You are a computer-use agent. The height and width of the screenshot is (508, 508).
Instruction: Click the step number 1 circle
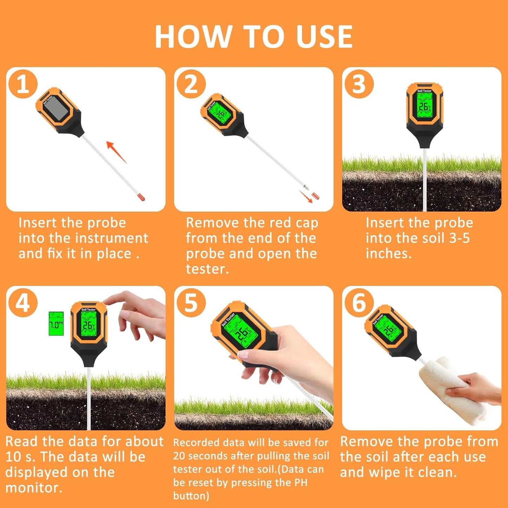point(23,84)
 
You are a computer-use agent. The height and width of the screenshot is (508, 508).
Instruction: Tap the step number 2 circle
point(191,84)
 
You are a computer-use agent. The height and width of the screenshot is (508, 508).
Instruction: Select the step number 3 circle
point(359,84)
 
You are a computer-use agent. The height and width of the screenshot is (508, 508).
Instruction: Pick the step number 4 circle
point(23,303)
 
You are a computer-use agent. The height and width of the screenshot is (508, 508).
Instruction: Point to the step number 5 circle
point(191,303)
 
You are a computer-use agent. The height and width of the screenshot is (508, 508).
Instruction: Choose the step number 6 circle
point(359,303)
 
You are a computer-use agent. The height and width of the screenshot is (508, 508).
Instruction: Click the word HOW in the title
point(193,37)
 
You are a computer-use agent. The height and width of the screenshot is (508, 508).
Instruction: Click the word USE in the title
point(324,37)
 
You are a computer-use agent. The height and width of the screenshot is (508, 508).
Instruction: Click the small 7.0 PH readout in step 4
point(56,324)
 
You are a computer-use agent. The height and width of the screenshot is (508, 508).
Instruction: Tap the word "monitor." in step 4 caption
point(34,488)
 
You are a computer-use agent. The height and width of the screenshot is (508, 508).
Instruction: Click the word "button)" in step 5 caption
point(191,496)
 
